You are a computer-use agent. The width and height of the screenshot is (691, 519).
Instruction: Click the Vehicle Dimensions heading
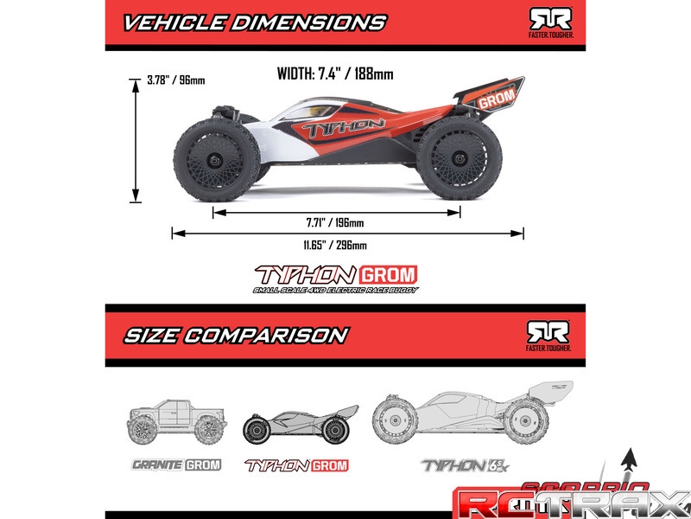(x=254, y=22)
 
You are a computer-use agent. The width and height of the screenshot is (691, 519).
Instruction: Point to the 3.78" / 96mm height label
(x=176, y=80)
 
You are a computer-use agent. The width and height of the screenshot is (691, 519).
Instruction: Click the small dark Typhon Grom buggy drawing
(x=299, y=422)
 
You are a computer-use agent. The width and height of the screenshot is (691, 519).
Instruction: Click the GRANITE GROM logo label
(x=176, y=465)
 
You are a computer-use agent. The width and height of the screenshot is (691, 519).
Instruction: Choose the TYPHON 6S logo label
(x=460, y=465)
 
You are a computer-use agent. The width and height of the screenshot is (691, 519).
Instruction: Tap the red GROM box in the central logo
(x=393, y=276)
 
